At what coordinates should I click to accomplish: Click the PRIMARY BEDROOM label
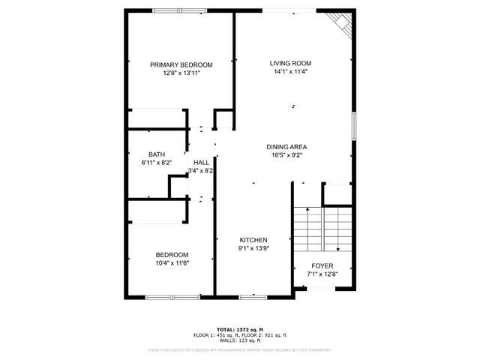(181, 64)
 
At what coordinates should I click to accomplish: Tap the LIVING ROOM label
(291, 63)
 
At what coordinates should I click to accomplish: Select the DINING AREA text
(286, 147)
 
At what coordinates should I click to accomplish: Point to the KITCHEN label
(253, 240)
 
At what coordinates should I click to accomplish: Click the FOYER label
(322, 265)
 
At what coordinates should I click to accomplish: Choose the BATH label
(157, 154)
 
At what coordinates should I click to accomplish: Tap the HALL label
(202, 163)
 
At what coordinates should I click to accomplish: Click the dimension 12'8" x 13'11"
(181, 73)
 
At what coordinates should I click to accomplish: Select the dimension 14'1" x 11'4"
(291, 72)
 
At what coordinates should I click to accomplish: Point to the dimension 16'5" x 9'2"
(286, 155)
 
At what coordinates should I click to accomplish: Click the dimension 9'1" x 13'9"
(253, 248)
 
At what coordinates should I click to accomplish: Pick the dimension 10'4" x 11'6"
(172, 262)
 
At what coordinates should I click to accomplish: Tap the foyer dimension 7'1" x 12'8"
(322, 274)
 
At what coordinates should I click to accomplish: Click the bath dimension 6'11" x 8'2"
(157, 163)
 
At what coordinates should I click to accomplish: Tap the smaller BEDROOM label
(172, 254)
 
